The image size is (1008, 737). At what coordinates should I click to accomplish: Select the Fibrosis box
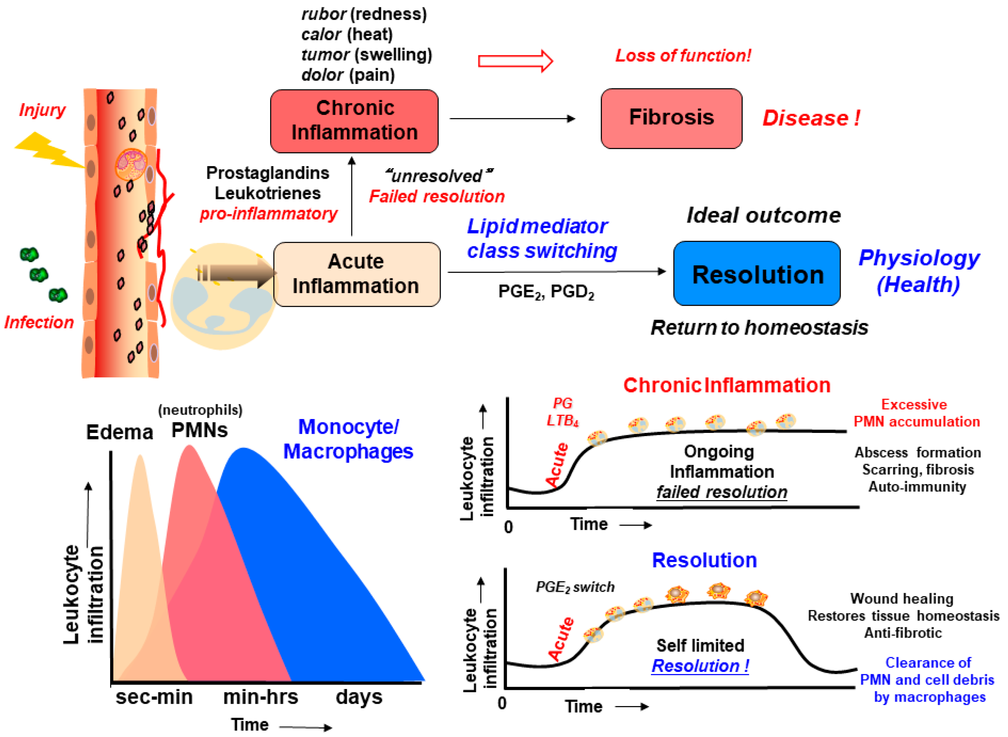point(671,118)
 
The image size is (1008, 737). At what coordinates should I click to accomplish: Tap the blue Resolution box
point(757,274)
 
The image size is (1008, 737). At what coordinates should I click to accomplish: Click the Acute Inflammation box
point(356,274)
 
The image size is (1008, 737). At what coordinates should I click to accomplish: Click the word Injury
point(42,110)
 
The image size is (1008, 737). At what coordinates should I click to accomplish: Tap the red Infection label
point(39,322)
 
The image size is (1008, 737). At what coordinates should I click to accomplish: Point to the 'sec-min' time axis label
point(154,697)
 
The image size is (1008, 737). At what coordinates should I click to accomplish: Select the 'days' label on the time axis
point(359,697)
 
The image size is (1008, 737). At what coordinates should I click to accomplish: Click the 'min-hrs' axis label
point(260,697)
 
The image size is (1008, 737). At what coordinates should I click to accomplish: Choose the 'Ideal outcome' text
point(764,215)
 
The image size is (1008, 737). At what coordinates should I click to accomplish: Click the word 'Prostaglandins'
point(268,173)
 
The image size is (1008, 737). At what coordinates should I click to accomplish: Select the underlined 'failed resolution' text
point(722,492)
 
